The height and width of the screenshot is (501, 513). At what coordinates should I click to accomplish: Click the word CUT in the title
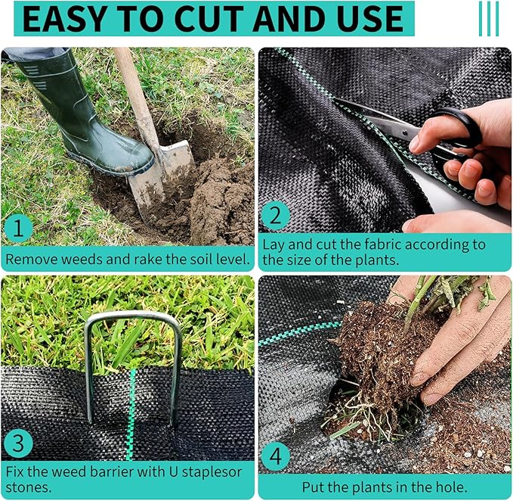tap(213, 20)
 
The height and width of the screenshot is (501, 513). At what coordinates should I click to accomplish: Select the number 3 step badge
tap(18, 443)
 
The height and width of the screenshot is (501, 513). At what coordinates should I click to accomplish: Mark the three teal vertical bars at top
tap(488, 19)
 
